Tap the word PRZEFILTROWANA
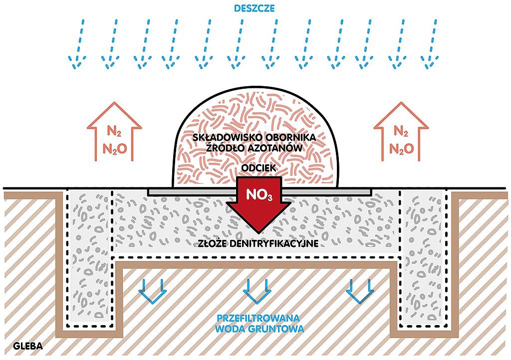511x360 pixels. click(258, 318)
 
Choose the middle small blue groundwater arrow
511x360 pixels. click(257, 290)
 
